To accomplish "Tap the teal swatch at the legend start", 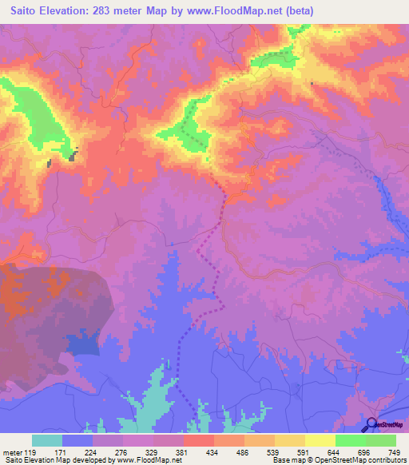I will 46,440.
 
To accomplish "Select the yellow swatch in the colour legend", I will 320,440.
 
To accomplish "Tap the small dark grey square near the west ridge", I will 73,156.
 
